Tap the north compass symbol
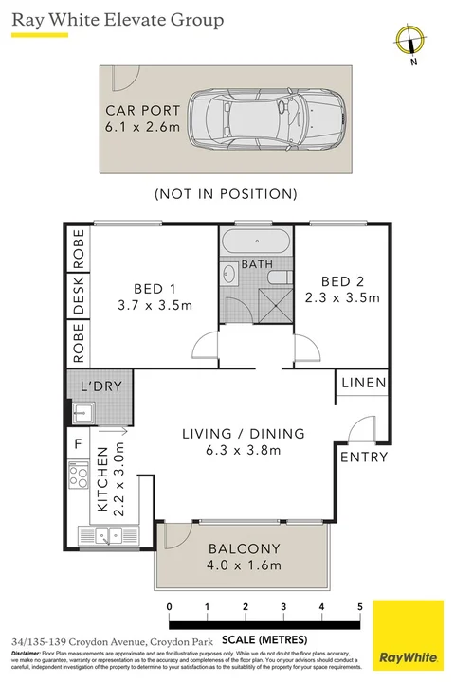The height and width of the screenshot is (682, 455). pyautogui.click(x=410, y=41)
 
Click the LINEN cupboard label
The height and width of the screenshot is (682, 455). pyautogui.click(x=364, y=384)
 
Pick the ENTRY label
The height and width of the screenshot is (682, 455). pyautogui.click(x=364, y=457)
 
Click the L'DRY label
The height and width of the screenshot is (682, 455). pyautogui.click(x=100, y=386)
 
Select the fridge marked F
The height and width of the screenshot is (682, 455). pyautogui.click(x=77, y=442)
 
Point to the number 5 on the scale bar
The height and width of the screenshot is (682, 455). pyautogui.click(x=360, y=606)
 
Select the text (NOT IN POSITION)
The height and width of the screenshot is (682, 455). pyautogui.click(x=226, y=193)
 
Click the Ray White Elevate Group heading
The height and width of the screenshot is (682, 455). pyautogui.click(x=118, y=19)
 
